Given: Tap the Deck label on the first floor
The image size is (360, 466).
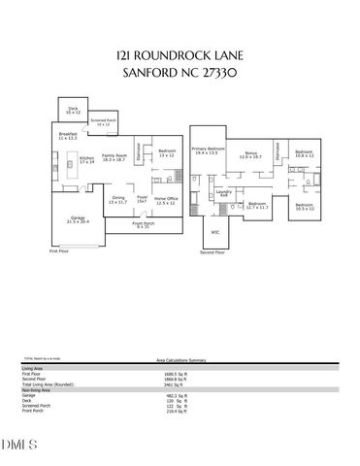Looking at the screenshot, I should [x=73, y=110].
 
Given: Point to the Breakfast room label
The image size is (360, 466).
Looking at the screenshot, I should [x=67, y=137].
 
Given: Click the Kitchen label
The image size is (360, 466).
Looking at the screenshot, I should [x=86, y=157].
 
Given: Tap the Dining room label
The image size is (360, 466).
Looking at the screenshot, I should [x=118, y=200].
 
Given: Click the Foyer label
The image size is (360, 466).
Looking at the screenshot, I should [x=142, y=200].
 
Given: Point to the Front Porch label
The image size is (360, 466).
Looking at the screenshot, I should [x=143, y=224].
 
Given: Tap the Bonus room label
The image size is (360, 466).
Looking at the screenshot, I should [x=251, y=154].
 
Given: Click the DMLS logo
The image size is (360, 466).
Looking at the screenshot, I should [x=22, y=446].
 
